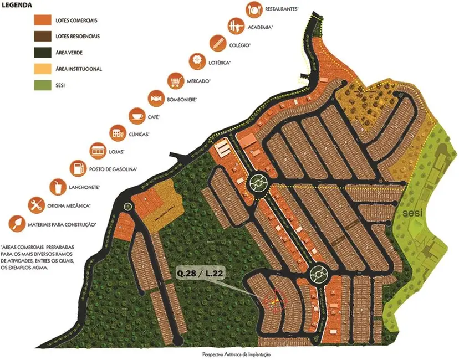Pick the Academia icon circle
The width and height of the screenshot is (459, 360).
(x=235, y=25)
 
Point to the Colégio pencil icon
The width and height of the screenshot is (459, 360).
(x=217, y=43)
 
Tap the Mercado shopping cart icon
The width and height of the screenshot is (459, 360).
(x=176, y=80)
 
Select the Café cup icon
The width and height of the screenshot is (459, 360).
(x=136, y=116)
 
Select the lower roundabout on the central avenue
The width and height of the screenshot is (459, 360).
(x=318, y=272)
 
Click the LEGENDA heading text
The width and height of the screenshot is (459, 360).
(x=16, y=5)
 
